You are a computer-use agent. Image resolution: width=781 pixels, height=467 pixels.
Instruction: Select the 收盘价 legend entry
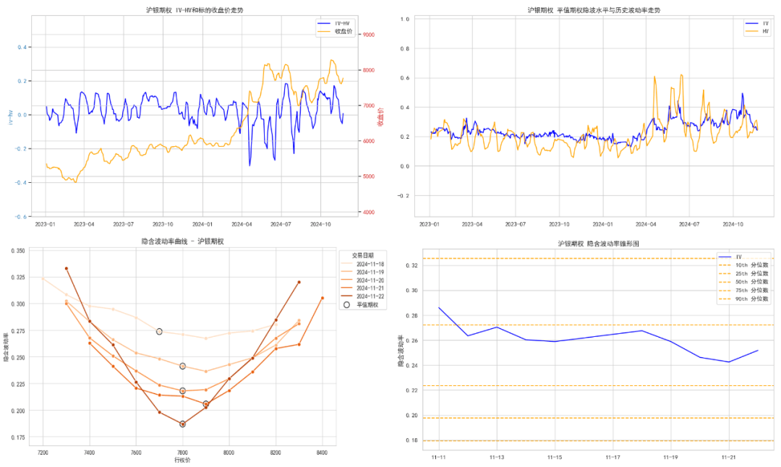tap(344, 32)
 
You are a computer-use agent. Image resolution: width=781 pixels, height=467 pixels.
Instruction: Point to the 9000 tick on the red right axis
tap(368, 35)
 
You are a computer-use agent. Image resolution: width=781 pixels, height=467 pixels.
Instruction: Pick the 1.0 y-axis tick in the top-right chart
tap(405, 19)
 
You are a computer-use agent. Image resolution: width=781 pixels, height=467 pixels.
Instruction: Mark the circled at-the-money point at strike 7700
tap(159, 331)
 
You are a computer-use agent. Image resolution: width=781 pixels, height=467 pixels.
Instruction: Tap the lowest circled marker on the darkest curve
tap(182, 424)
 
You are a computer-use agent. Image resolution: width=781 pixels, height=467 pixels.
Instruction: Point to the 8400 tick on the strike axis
tap(322, 453)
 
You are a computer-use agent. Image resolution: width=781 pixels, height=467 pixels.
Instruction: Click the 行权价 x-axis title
tap(182, 460)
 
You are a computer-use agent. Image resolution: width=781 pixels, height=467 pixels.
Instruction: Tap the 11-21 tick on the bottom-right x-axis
tap(729, 457)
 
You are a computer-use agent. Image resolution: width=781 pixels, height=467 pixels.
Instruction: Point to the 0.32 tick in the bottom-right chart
tap(413, 265)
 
